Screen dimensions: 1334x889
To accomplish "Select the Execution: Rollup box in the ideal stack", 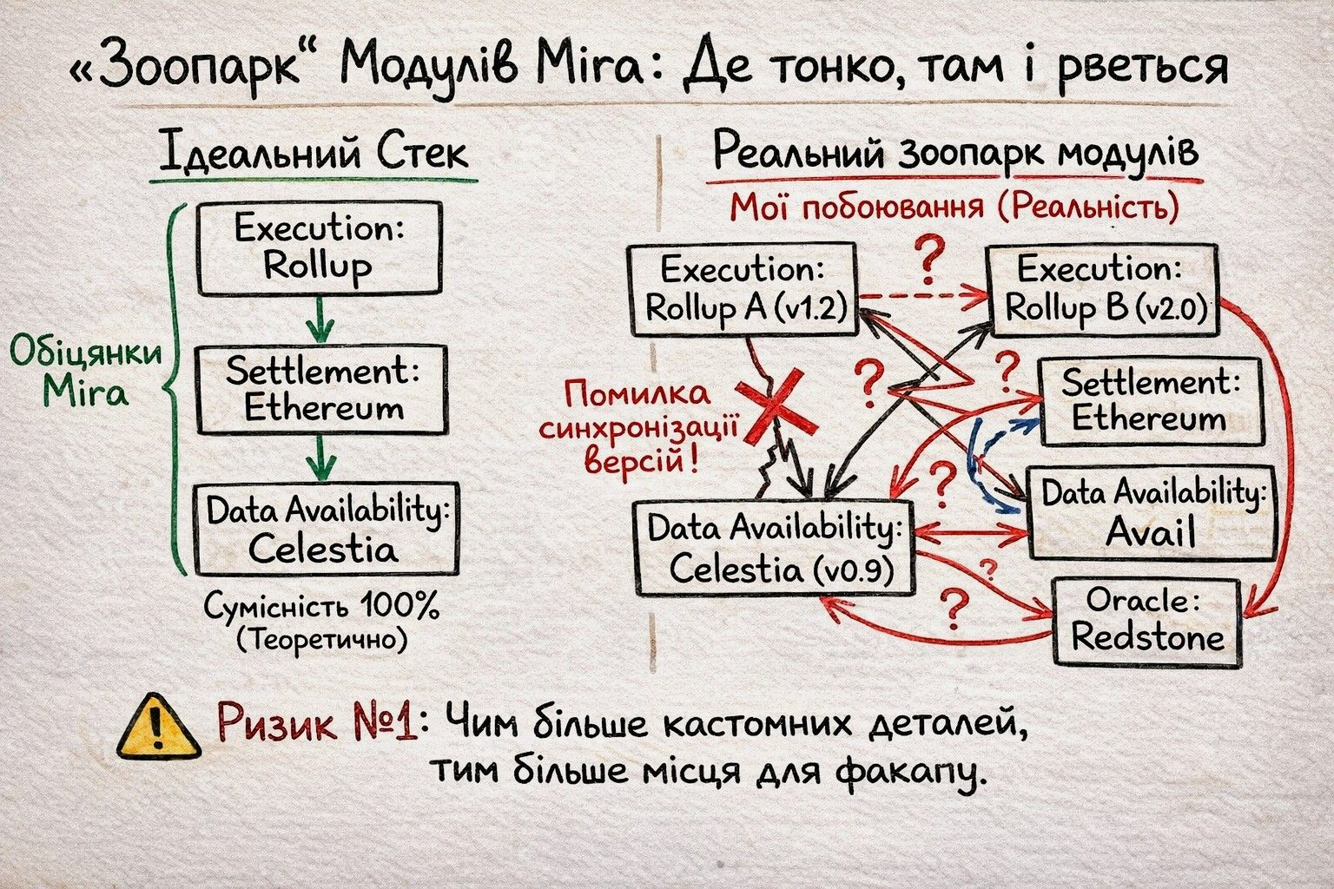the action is click(x=320, y=248).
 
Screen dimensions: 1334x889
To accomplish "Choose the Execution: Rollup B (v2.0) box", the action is click(x=1101, y=289).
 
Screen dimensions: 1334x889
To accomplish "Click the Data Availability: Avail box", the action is click(x=1151, y=513).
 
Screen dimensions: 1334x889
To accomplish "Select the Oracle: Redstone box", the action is click(x=1146, y=622).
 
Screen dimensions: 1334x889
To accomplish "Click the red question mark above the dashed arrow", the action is click(x=928, y=258).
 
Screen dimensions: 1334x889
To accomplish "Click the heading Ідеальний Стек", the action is click(x=314, y=155).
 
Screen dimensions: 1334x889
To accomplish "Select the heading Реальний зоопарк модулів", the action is click(x=955, y=154).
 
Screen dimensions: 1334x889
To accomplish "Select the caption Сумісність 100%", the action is click(x=322, y=607).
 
